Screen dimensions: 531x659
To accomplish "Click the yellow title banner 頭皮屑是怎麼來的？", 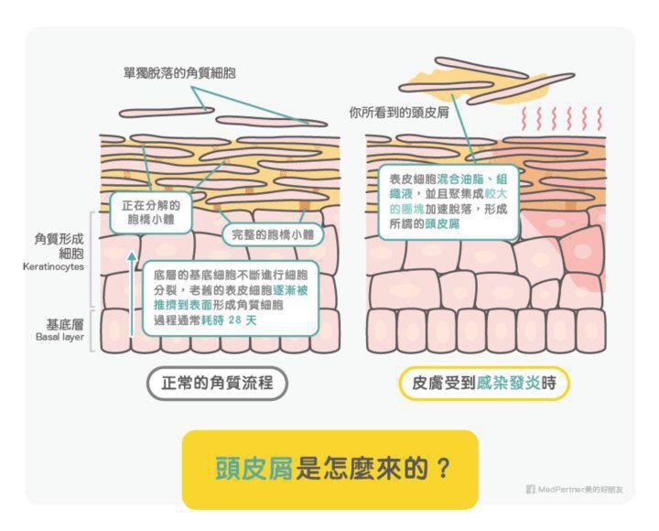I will tap(329, 468).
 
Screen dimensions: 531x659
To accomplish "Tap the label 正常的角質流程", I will tap(218, 383).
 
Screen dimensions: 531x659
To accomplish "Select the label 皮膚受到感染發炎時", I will tap(484, 383).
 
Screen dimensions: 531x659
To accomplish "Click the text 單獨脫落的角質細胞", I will tap(179, 72).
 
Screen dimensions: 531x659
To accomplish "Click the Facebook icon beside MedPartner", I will tap(530, 490).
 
